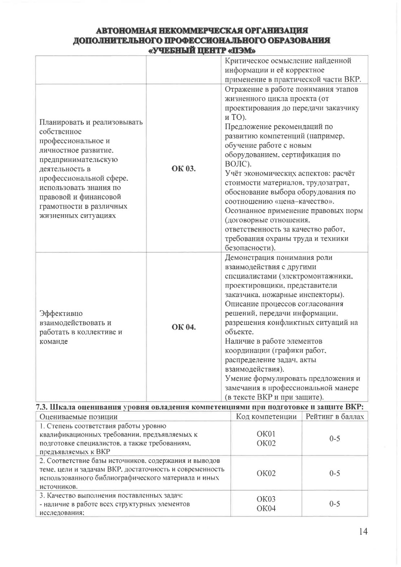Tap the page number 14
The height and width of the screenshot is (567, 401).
(x=363, y=531)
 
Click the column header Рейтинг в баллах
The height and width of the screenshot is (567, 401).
(x=335, y=417)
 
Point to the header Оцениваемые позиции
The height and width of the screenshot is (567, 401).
(x=78, y=417)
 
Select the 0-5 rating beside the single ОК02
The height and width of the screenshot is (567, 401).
(x=335, y=473)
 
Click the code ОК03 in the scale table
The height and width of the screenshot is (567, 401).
(x=266, y=499)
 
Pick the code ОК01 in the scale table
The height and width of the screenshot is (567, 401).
(x=266, y=434)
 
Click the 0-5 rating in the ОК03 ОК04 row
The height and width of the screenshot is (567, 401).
(x=335, y=504)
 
